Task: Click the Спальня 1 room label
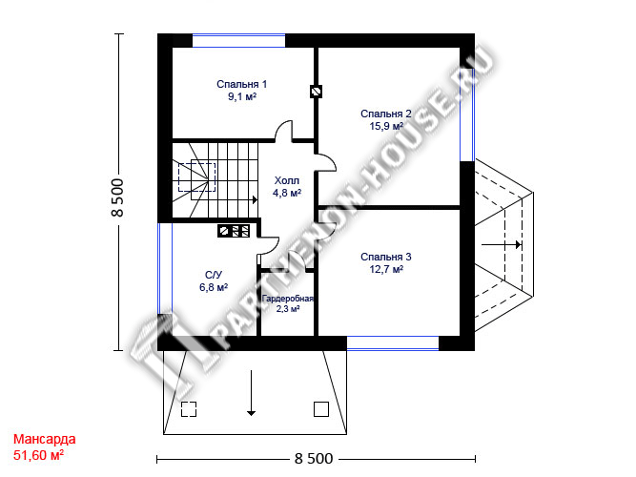click(242, 84)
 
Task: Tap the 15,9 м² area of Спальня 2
click(386, 126)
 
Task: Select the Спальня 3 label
click(386, 257)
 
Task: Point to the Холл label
click(287, 180)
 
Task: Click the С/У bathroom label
click(214, 275)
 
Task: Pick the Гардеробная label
click(288, 299)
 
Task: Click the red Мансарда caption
click(44, 439)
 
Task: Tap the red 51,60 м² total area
click(38, 455)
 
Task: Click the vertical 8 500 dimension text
click(117, 197)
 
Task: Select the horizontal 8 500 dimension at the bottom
click(314, 459)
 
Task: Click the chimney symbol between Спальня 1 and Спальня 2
click(316, 92)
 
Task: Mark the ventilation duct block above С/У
click(234, 231)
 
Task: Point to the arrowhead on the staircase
click(256, 199)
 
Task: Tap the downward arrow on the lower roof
click(252, 393)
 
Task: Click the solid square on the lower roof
click(321, 409)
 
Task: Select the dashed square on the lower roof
click(189, 409)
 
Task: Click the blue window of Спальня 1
click(238, 41)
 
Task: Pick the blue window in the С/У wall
click(165, 268)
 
